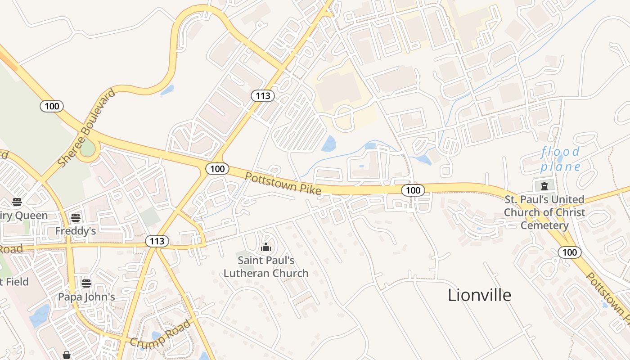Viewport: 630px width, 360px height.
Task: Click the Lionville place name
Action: [x=479, y=295]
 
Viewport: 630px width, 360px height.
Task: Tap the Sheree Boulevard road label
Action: [x=87, y=128]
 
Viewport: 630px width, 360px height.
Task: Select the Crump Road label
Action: [x=160, y=333]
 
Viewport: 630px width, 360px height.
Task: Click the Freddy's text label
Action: [x=76, y=231]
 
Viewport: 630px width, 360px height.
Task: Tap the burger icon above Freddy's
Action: [x=76, y=218]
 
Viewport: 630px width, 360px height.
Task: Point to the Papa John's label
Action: [x=86, y=297]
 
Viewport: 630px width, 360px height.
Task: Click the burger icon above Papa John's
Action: [x=86, y=283]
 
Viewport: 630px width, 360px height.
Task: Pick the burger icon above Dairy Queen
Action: [x=17, y=202]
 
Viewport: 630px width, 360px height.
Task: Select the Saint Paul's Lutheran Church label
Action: [x=266, y=266]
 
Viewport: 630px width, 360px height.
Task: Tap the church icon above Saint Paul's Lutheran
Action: [x=266, y=247]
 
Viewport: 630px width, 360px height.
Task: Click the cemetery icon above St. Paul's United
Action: [x=544, y=185]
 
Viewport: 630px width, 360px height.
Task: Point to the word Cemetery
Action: [x=544, y=225]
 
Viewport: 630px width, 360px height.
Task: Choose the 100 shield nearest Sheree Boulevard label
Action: [x=52, y=106]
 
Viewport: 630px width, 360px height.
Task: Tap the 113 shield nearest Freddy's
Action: [x=157, y=241]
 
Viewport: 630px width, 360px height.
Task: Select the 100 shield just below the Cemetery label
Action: [x=569, y=252]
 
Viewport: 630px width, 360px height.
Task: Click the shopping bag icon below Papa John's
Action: [x=67, y=355]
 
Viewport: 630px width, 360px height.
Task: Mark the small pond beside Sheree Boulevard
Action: [x=167, y=90]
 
